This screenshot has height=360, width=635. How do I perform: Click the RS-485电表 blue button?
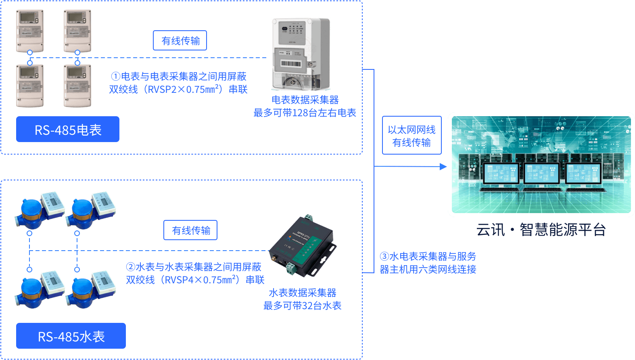(x=68, y=129)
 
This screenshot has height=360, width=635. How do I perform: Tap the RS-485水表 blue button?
(x=71, y=336)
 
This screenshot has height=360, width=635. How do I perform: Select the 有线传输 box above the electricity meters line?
(x=180, y=40)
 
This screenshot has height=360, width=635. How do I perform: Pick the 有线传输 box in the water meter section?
(x=190, y=230)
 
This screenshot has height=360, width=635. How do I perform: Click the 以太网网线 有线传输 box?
(x=412, y=135)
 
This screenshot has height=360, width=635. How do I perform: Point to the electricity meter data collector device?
(x=301, y=53)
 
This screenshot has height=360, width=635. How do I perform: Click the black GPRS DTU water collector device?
(x=303, y=246)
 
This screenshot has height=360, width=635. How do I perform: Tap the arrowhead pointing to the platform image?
(x=443, y=166)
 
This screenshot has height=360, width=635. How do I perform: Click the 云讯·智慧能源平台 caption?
(x=541, y=230)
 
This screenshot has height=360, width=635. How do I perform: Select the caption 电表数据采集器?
(x=305, y=100)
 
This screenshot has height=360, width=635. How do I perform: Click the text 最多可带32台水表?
(x=302, y=306)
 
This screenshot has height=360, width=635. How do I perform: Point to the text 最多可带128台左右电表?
(x=305, y=113)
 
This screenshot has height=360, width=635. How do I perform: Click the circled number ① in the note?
(x=116, y=76)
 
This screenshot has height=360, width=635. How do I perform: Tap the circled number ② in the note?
(x=130, y=267)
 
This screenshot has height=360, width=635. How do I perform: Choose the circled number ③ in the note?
(x=384, y=256)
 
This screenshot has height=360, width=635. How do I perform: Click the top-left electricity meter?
(x=30, y=31)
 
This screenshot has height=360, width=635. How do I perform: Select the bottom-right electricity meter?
(x=77, y=86)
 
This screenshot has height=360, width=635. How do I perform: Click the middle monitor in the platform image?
(x=541, y=174)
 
